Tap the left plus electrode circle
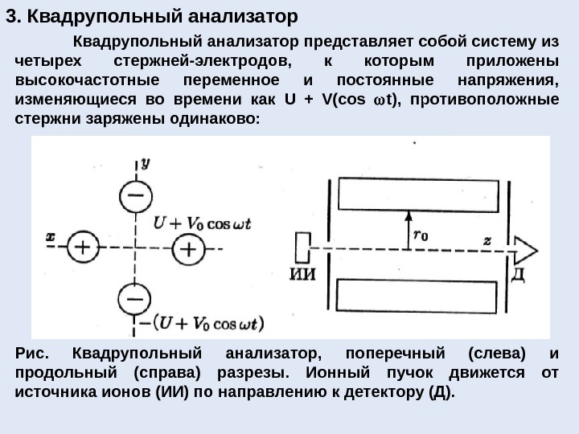(83, 248)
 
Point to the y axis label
(146, 162)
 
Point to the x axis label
(50, 237)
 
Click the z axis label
(488, 239)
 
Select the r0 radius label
(420, 235)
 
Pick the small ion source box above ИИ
(302, 248)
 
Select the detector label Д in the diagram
(518, 276)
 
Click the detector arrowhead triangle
(525, 248)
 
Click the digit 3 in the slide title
(10, 15)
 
